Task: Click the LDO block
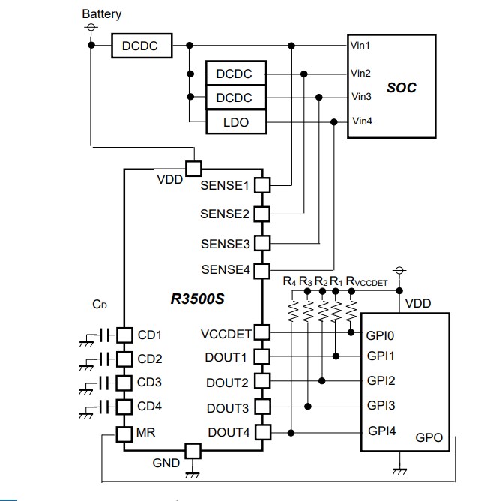tap(236, 122)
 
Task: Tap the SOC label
tap(401, 87)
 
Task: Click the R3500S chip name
tap(198, 298)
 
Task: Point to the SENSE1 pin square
tap(261, 184)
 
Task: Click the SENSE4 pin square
tap(261, 269)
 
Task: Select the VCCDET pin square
tap(261, 332)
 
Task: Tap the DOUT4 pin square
tap(261, 431)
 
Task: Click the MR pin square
tap(124, 433)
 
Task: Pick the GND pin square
tap(193, 451)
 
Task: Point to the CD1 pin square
tap(124, 334)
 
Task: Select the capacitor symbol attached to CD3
tap(106, 382)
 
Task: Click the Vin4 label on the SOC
tap(361, 121)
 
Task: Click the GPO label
tap(429, 437)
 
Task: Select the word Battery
tap(101, 13)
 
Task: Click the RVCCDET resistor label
tap(366, 282)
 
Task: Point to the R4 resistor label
tap(290, 281)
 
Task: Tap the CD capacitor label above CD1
tap(100, 304)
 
